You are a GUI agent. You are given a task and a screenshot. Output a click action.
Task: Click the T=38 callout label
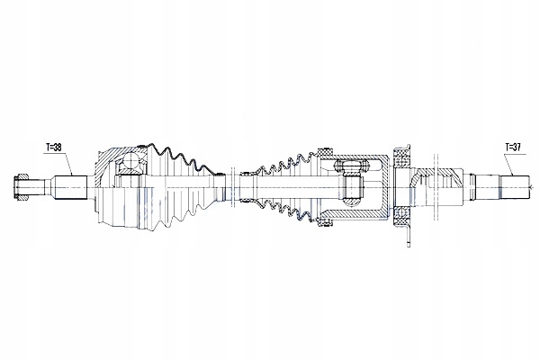(54, 148)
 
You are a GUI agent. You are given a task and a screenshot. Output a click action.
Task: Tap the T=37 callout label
(513, 147)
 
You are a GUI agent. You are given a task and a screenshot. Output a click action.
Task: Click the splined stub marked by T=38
(70, 188)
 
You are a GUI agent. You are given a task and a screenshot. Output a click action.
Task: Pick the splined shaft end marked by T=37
(515, 188)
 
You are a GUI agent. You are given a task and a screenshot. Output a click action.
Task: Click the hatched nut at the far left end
(22, 187)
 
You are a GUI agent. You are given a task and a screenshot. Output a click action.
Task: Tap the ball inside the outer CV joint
(131, 161)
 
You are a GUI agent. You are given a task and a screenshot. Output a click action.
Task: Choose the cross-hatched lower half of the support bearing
(400, 216)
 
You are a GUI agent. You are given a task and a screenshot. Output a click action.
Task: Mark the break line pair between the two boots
(232, 188)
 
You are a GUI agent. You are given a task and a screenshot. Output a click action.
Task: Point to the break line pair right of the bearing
(436, 188)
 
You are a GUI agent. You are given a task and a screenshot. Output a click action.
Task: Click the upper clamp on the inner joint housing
(326, 151)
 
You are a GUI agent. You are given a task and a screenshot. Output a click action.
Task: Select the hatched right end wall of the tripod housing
(385, 188)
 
